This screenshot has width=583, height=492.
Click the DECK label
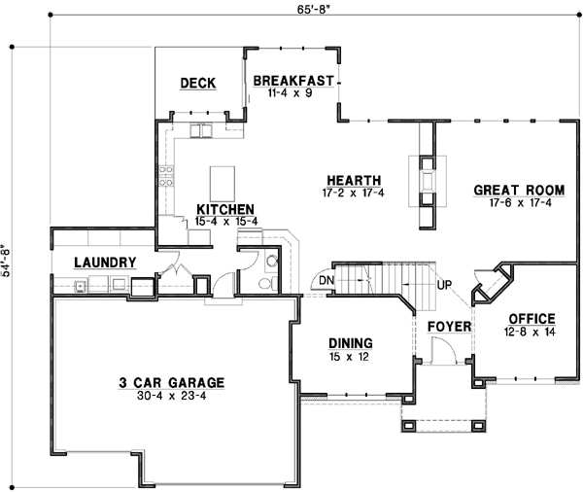pos(198,84)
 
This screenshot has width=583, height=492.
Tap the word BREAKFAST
pos(293,81)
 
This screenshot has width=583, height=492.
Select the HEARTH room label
pos(353,180)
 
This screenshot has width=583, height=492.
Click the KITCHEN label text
pos(225,209)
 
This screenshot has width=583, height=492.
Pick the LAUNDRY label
pos(104,263)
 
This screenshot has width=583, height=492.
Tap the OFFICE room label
pos(531,318)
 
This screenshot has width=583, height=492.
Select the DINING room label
pos(352,342)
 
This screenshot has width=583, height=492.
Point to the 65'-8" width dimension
pos(292,7)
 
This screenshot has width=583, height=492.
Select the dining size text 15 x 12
pos(352,356)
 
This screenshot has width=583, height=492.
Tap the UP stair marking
pos(446,285)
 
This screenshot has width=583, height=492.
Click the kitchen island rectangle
pos(223,181)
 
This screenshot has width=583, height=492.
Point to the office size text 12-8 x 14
pos(531,332)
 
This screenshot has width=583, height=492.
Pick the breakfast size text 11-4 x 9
pos(293,93)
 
